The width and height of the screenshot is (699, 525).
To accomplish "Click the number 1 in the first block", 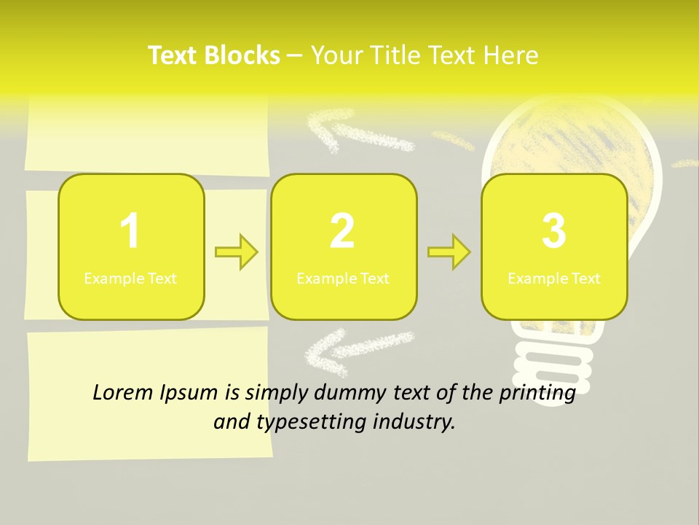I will (x=130, y=231).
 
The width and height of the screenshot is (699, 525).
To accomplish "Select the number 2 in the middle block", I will (x=342, y=231).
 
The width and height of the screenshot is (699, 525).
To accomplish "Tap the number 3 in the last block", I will (x=554, y=231).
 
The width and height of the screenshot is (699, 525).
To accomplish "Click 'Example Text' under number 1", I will (x=130, y=279).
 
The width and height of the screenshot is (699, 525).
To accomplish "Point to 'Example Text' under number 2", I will (x=343, y=279).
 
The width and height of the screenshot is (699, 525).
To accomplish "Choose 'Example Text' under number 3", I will (x=554, y=279).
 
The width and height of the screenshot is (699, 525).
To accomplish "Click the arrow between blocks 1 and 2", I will (x=237, y=252).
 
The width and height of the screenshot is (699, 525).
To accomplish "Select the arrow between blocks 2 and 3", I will (x=449, y=252).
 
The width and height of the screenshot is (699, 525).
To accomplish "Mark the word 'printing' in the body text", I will (x=539, y=393).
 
